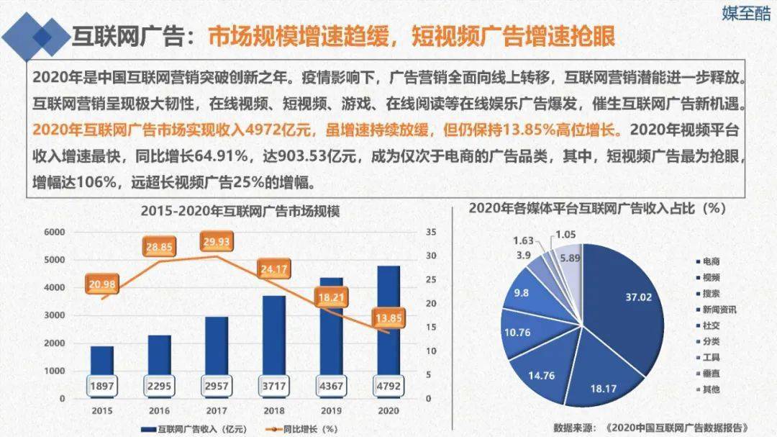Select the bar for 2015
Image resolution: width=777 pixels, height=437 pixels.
(x=101, y=360)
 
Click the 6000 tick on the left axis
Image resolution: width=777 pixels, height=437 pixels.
(x=55, y=233)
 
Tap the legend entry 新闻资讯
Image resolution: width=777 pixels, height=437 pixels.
(x=717, y=309)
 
